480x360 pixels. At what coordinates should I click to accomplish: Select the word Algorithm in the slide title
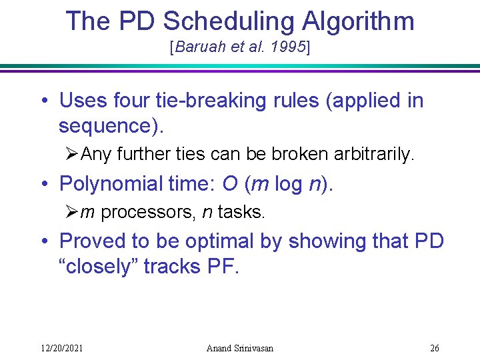click(358, 21)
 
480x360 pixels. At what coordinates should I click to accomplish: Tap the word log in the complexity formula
click(287, 183)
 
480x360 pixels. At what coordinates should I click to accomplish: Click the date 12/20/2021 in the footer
click(63, 348)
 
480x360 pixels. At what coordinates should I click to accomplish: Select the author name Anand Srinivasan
click(240, 348)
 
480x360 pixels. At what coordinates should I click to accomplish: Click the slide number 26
click(435, 348)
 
